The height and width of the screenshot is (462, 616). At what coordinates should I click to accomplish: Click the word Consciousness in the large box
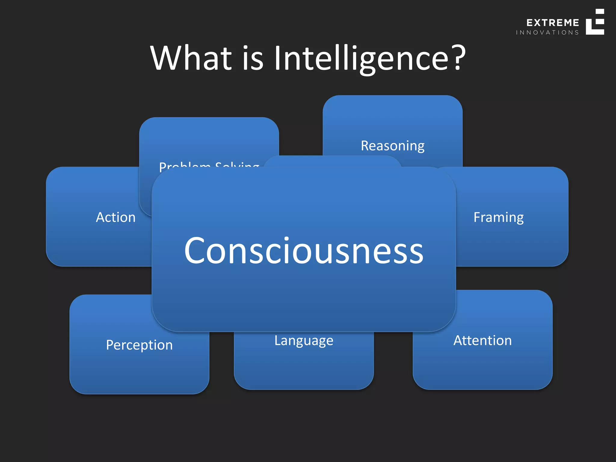pos(304,251)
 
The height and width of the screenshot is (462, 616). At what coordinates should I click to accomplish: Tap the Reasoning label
pos(393,146)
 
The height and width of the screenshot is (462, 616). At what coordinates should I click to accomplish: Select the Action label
pos(116,217)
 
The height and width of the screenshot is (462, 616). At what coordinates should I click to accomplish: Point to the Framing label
pos(498,217)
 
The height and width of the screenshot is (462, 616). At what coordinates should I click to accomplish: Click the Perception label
pos(139,345)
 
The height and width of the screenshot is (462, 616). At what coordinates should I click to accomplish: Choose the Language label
pos(304,341)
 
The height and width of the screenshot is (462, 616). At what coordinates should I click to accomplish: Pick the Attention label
pos(482,341)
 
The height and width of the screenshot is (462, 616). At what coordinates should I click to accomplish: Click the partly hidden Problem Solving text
pos(209,166)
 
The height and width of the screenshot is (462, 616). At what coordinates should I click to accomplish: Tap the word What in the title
pos(191,58)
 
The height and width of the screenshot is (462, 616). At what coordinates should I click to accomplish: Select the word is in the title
pos(253,58)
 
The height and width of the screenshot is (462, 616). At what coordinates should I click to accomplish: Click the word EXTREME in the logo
pos(553,23)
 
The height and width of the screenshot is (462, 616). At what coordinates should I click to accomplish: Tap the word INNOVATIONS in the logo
pos(547,32)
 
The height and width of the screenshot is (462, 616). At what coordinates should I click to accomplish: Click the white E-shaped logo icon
pos(595,22)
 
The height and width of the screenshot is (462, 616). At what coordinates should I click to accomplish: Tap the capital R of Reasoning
pos(365,146)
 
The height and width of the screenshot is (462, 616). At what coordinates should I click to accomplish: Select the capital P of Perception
pos(110,345)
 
